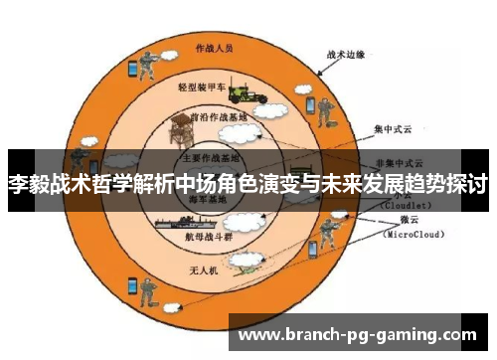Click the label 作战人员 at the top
pos(214,47)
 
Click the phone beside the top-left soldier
pos(131,69)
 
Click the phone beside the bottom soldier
pos(131,285)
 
